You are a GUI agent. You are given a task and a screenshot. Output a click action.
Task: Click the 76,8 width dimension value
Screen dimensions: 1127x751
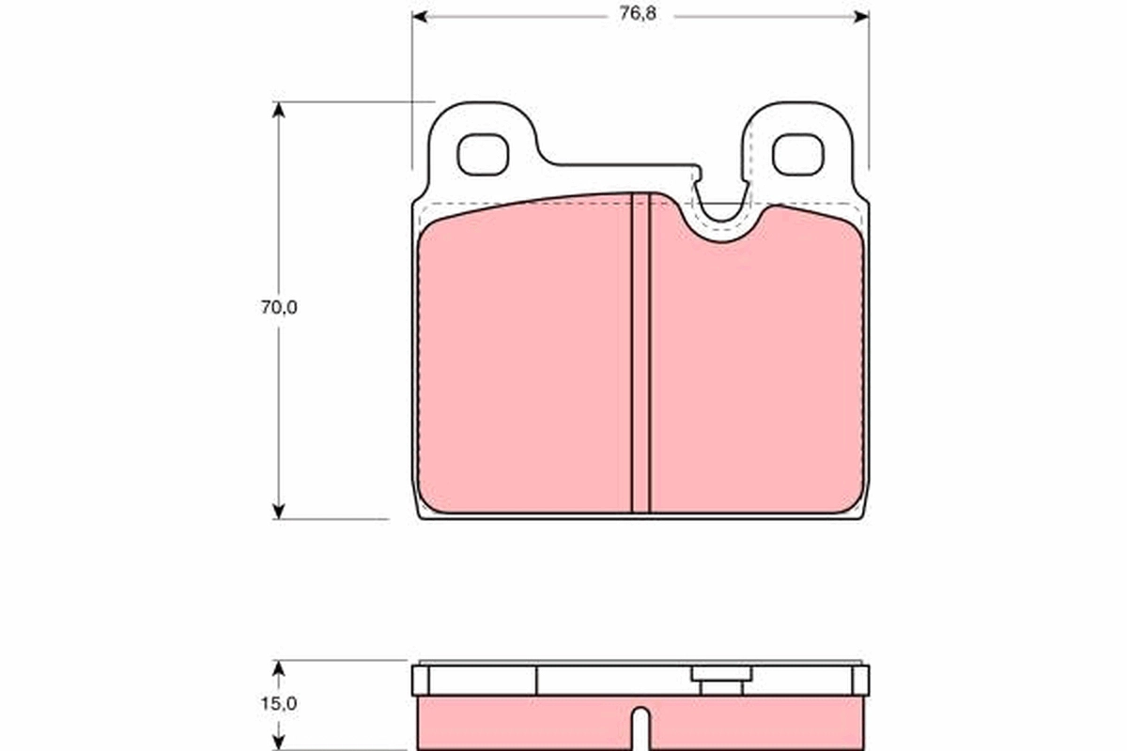tap(638, 13)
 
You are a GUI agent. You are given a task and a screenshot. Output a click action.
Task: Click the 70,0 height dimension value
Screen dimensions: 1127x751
tap(279, 307)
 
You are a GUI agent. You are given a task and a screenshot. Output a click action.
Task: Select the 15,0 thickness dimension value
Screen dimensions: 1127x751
tap(279, 704)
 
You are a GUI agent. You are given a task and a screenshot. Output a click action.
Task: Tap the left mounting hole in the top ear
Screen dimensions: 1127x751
tap(483, 155)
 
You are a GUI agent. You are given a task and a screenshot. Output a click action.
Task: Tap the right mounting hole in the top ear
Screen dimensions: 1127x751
tap(798, 155)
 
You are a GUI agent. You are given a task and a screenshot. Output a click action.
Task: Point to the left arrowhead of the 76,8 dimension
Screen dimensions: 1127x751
tap(420, 17)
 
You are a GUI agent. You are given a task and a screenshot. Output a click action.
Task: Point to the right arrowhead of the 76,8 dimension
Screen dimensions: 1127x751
tap(861, 17)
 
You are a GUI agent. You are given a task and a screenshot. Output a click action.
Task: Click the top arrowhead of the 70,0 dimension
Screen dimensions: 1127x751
tap(278, 110)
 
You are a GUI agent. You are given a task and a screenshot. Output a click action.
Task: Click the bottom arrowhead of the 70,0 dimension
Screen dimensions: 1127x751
tap(278, 511)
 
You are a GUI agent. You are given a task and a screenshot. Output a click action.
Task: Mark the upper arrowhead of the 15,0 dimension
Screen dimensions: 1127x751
tap(278, 668)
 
